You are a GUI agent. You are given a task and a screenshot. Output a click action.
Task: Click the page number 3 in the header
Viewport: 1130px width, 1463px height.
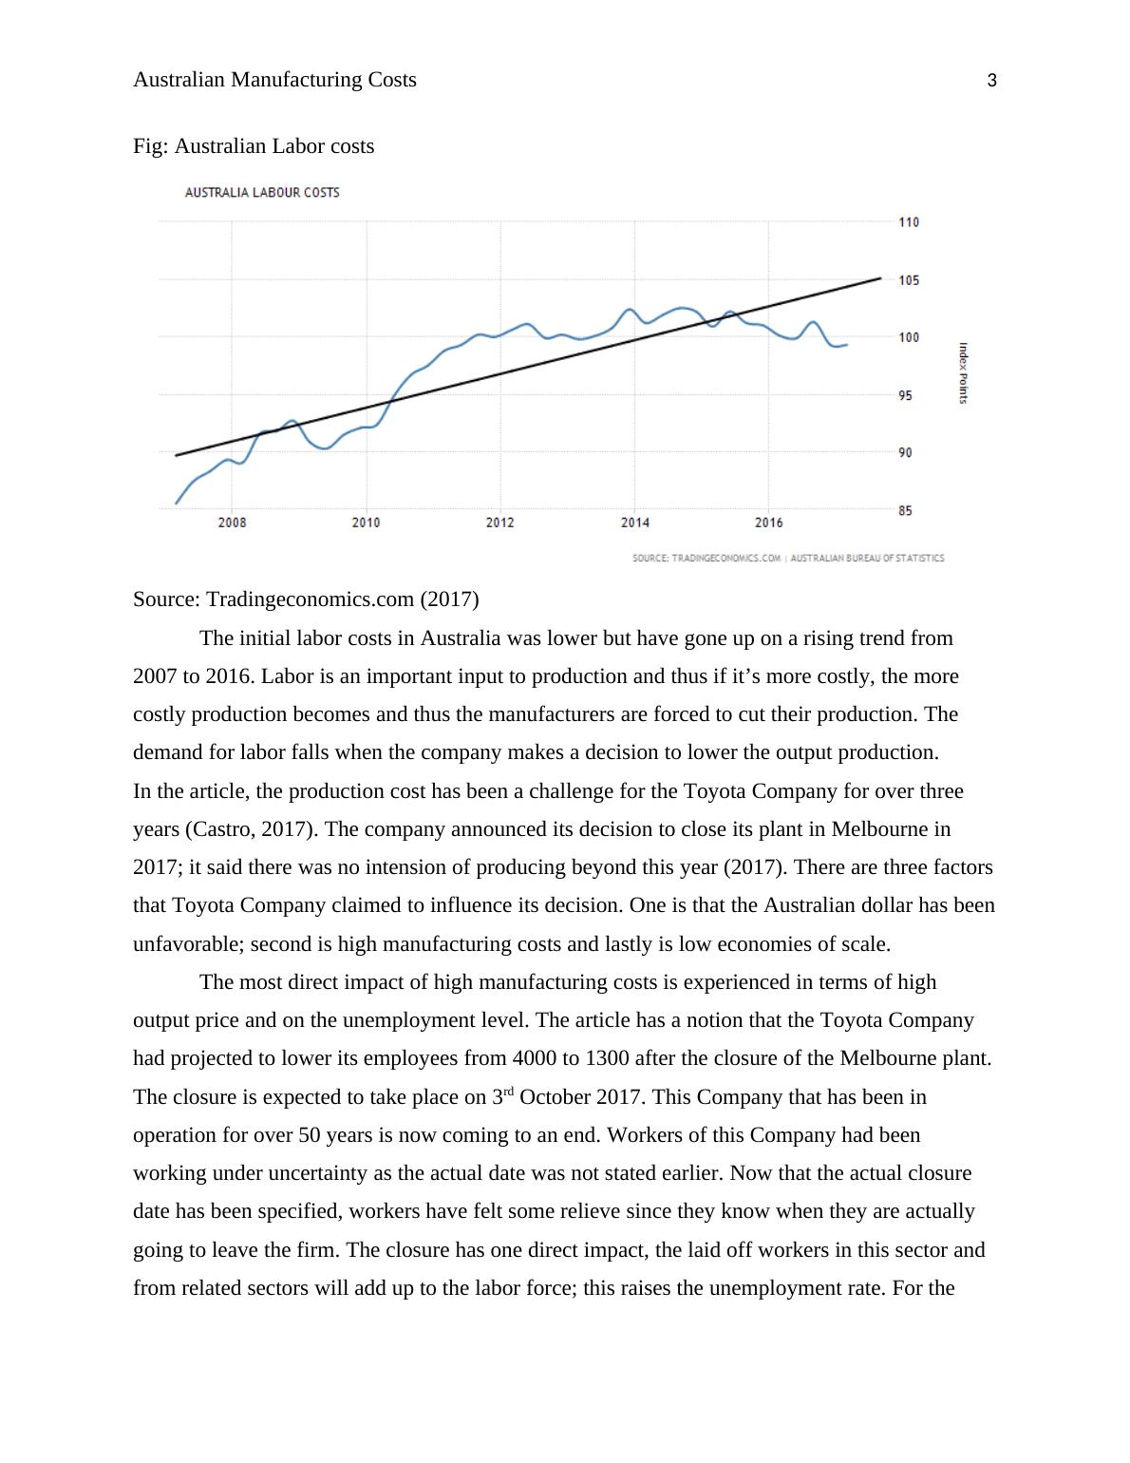(x=992, y=81)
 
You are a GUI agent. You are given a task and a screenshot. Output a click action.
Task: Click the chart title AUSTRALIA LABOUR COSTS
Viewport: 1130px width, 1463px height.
(x=262, y=193)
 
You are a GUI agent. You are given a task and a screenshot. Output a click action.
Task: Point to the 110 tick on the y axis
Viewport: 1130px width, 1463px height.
(x=909, y=222)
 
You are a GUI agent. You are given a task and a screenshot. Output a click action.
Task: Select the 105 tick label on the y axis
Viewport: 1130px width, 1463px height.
(x=909, y=280)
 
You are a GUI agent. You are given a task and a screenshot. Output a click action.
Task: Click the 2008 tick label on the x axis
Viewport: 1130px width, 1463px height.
(x=232, y=522)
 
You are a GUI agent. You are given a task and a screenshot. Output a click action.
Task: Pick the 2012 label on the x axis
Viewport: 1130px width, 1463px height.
(x=499, y=522)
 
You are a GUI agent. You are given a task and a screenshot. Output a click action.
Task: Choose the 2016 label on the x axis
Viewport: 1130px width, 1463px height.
(x=768, y=522)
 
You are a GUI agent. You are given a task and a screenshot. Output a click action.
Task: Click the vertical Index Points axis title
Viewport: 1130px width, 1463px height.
(x=963, y=373)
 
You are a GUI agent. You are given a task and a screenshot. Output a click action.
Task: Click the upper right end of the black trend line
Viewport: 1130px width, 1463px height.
(x=880, y=278)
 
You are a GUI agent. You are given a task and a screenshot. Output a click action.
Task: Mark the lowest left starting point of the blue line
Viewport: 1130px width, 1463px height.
(x=176, y=503)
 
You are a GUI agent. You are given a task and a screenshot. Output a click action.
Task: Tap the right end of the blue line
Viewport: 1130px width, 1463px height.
(x=846, y=345)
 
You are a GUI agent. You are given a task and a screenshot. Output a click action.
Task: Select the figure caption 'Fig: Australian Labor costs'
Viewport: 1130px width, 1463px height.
(x=254, y=146)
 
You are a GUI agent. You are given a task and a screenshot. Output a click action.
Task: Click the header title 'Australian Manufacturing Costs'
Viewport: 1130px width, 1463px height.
(x=274, y=80)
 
